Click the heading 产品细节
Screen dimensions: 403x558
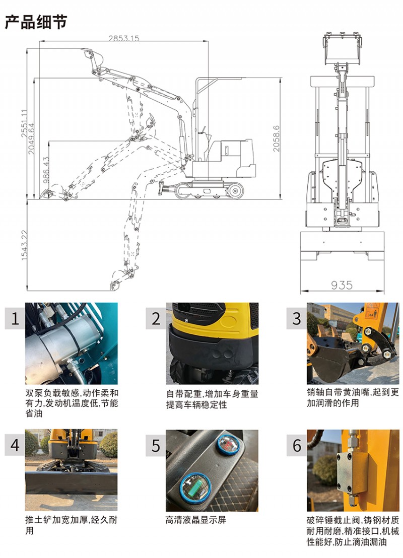[x=36, y=22]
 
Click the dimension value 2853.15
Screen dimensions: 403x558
[x=123, y=38]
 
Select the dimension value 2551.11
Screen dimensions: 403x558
[x=24, y=123]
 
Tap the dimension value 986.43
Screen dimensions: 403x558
[x=46, y=170]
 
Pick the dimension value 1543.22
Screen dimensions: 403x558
[x=24, y=245]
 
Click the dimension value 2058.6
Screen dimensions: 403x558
[x=276, y=138]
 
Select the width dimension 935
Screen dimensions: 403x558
[x=342, y=285]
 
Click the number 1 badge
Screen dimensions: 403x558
[x=15, y=318]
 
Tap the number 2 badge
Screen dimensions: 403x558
[x=156, y=318]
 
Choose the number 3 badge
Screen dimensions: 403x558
[x=297, y=318]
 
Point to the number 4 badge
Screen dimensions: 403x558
[x=15, y=445]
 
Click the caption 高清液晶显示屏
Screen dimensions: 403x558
[x=196, y=520]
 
